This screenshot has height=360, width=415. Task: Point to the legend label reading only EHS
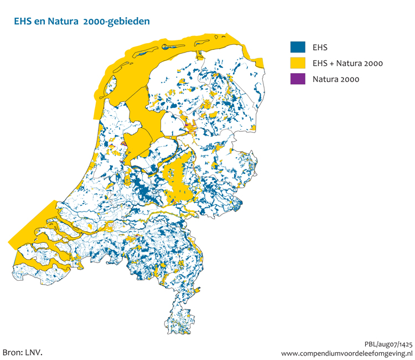pyautogui.click(x=320, y=48)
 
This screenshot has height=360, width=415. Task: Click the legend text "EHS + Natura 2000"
pyautogui.click(x=347, y=64)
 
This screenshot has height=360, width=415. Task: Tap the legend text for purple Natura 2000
pyautogui.click(x=336, y=79)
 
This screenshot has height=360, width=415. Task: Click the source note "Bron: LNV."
pyautogui.click(x=23, y=352)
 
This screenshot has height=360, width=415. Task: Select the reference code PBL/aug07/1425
pyautogui.click(x=388, y=343)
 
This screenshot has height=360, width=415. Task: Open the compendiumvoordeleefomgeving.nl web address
pyautogui.click(x=347, y=353)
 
